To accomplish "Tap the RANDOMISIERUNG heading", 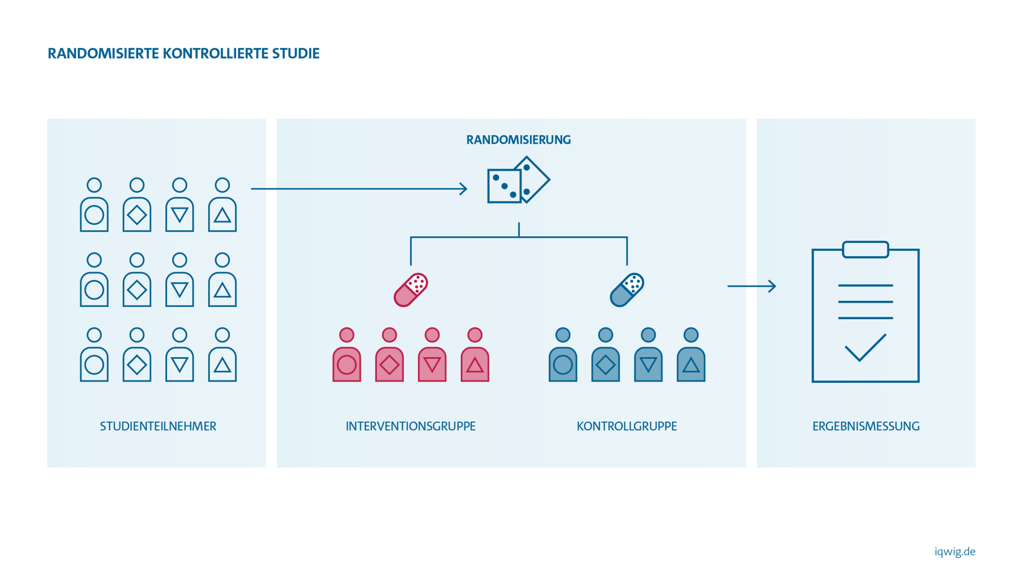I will pos(518,140).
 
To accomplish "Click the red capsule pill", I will pos(410,290).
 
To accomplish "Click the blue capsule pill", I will pos(627,290).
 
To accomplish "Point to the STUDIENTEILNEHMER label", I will pos(158,426).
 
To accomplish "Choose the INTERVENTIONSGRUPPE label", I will pos(410,426).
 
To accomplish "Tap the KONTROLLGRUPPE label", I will pos(627,426).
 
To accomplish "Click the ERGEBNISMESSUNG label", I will pos(866,426).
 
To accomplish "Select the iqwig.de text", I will pos(955,552).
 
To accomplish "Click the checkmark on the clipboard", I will pos(865,348).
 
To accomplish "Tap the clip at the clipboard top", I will pos(865,250).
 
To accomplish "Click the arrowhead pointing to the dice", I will pos(464,189).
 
